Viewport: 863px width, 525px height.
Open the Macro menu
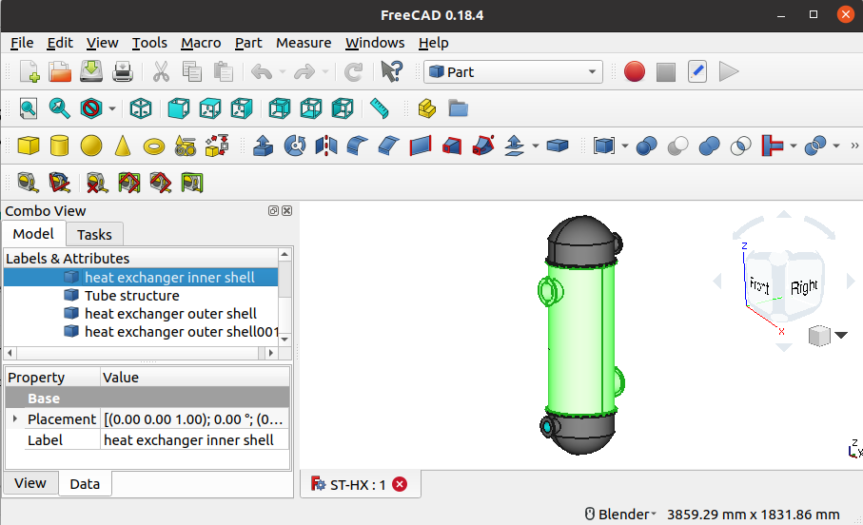[201, 43]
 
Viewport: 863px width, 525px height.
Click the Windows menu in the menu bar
[375, 43]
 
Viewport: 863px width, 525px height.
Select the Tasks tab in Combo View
[94, 234]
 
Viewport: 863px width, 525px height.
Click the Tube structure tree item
[131, 296]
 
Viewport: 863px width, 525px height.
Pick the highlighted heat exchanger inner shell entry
[169, 278]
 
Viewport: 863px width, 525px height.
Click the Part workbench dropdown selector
[514, 72]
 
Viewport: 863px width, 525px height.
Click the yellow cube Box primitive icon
[29, 146]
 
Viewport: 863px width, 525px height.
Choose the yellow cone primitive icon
[122, 146]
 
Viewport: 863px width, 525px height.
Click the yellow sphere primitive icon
[90, 146]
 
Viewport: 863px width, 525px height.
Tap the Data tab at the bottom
[85, 483]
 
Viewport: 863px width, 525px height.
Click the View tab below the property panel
[30, 483]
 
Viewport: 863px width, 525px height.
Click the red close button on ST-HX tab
[400, 484]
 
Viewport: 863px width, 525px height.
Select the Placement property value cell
[193, 419]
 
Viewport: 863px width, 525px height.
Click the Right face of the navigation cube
[804, 286]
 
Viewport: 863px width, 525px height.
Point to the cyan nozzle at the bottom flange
[548, 427]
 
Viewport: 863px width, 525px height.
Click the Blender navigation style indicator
[620, 515]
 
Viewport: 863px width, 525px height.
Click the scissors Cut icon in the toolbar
[161, 72]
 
